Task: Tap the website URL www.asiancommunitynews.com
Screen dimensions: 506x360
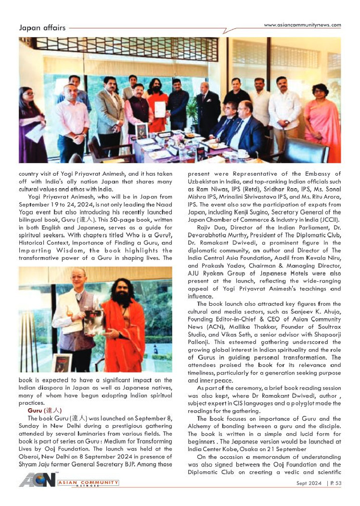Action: [302, 25]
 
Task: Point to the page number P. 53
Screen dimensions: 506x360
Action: [334, 483]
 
